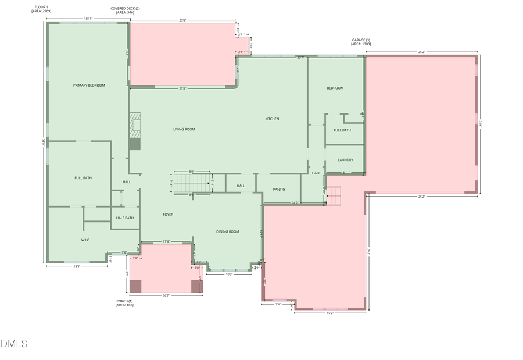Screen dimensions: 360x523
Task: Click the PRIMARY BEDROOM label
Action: pyautogui.click(x=89, y=85)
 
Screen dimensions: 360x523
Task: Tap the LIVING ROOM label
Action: pyautogui.click(x=184, y=129)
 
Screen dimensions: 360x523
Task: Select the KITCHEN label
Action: pyautogui.click(x=272, y=119)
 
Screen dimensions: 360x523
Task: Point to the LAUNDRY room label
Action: pyautogui.click(x=345, y=160)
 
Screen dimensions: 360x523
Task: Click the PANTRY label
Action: pyautogui.click(x=279, y=189)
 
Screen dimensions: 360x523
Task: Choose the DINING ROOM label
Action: pyautogui.click(x=228, y=231)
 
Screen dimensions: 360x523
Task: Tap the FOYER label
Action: pyautogui.click(x=168, y=215)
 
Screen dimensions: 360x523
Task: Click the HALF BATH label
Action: pyautogui.click(x=124, y=218)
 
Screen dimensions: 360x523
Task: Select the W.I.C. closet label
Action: pyautogui.click(x=85, y=240)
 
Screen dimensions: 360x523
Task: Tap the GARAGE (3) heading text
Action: pyautogui.click(x=360, y=42)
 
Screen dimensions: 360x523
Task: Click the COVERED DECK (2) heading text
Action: pyautogui.click(x=125, y=10)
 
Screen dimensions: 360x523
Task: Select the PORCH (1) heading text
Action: pyautogui.click(x=124, y=302)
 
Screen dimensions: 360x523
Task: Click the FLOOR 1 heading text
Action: pyautogui.click(x=41, y=9)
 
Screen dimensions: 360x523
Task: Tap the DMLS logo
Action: pyautogui.click(x=14, y=344)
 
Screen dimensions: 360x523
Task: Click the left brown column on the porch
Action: pyautogui.click(x=135, y=286)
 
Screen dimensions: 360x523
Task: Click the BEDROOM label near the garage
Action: pyautogui.click(x=335, y=88)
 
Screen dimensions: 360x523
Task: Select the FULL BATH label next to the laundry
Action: pyautogui.click(x=342, y=130)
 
